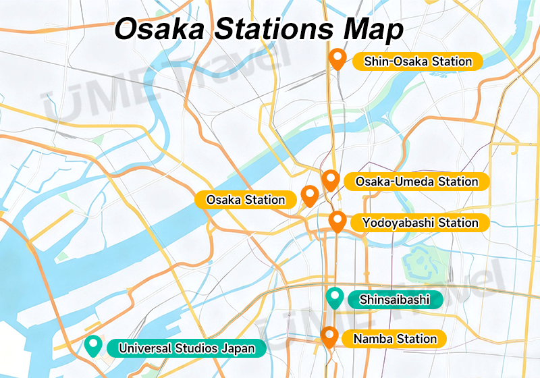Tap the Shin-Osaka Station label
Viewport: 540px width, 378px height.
click(x=417, y=61)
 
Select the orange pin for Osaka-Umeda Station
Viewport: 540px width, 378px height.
click(x=330, y=180)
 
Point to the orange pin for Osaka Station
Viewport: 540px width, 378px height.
click(x=309, y=195)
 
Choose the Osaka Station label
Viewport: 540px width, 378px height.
click(x=246, y=200)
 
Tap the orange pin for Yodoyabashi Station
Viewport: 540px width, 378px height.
click(x=337, y=220)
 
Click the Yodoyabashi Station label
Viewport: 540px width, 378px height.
click(x=420, y=223)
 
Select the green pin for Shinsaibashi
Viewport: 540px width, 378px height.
click(x=334, y=297)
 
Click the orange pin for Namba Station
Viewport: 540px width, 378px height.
click(x=329, y=336)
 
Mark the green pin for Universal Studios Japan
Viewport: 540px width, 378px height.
click(x=92, y=346)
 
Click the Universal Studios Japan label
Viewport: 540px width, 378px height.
click(x=186, y=348)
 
